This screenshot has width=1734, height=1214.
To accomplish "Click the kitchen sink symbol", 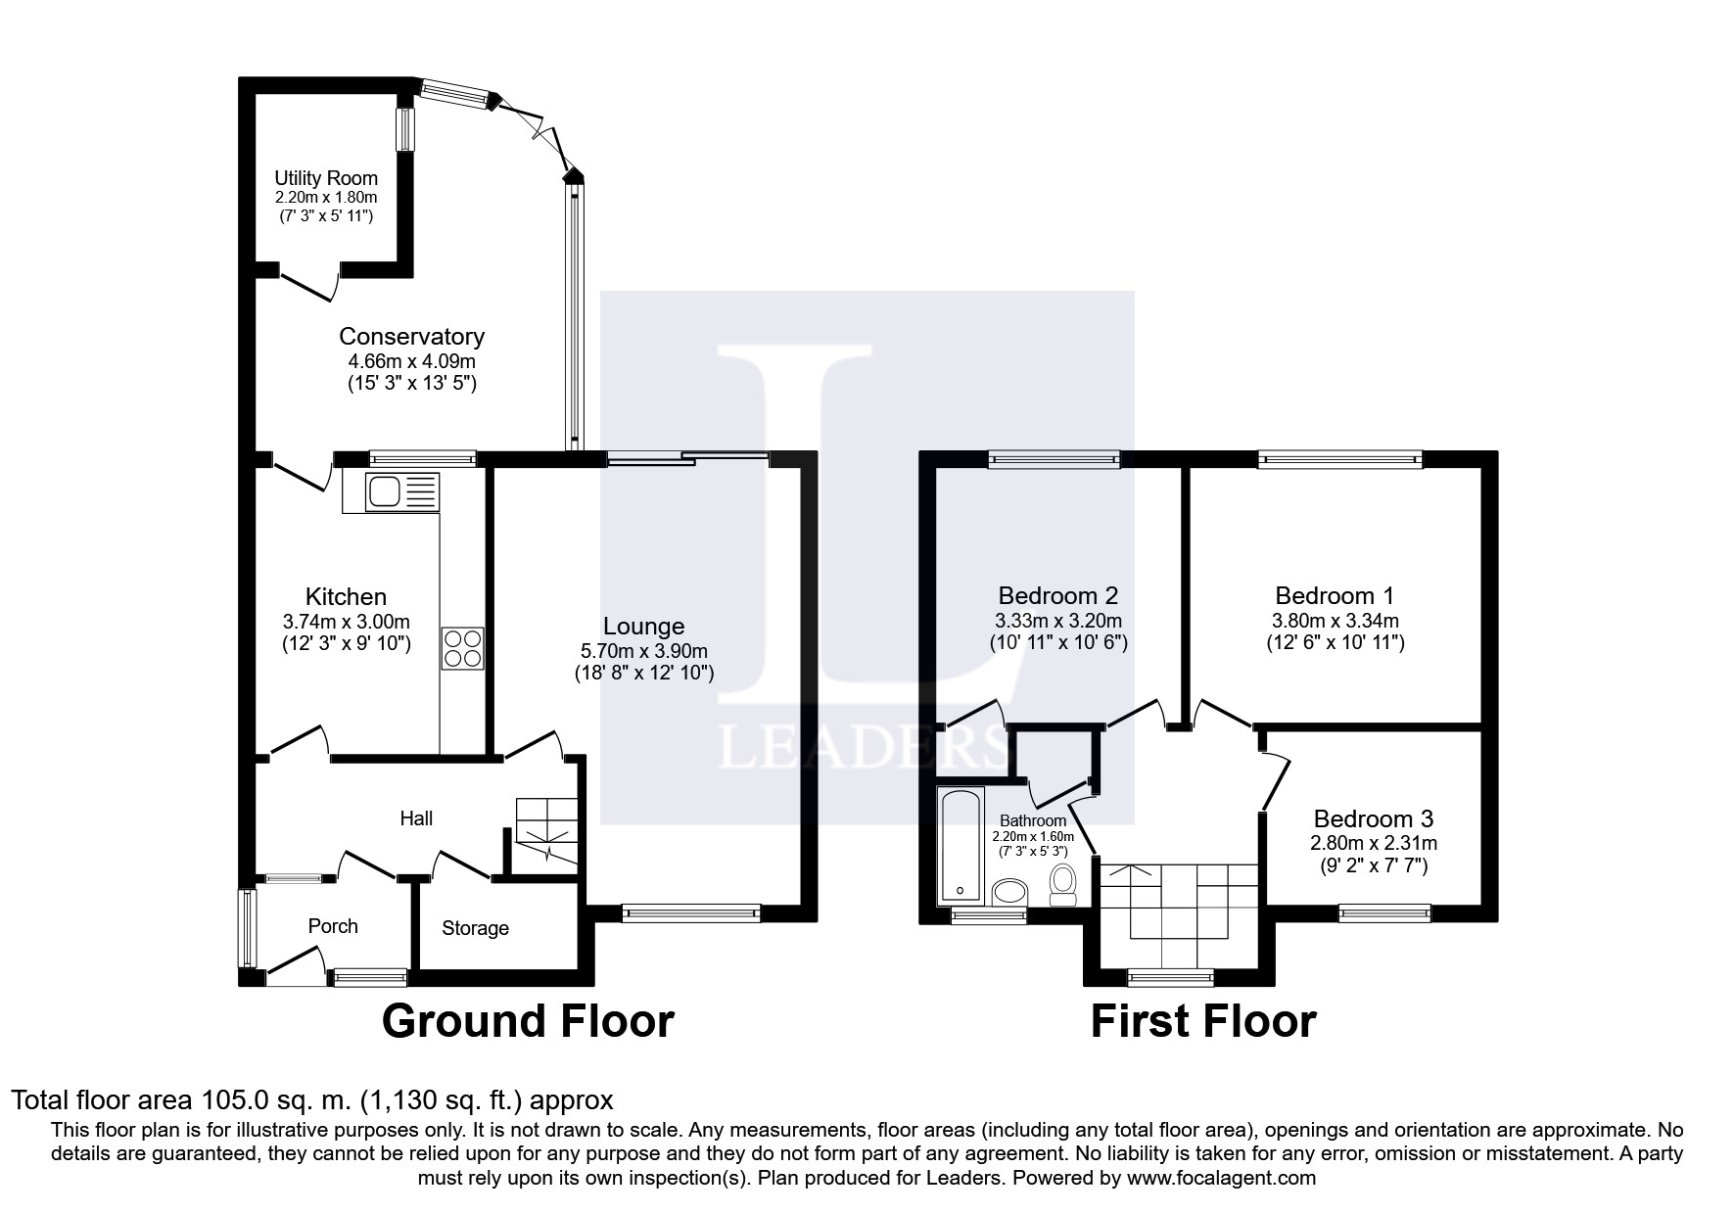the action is (x=402, y=491).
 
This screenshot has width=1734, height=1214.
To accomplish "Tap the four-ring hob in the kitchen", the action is (x=463, y=648).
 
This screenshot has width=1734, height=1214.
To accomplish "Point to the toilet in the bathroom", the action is (x=1061, y=884).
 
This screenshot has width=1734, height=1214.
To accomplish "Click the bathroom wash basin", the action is (x=1009, y=892).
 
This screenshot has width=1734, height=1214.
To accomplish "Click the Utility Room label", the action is (x=326, y=178).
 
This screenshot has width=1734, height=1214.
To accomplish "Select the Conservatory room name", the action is (x=411, y=337).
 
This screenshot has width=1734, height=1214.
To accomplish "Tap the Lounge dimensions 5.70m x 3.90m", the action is (x=643, y=651).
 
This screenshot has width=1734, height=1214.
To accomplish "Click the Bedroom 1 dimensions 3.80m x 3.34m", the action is (x=1336, y=621).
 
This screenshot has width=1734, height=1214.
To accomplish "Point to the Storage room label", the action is (x=475, y=928).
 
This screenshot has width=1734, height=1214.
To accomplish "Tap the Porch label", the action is (x=333, y=926).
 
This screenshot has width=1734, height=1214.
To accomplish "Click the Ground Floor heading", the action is (x=528, y=1021).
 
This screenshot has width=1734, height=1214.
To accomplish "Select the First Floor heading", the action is (x=1203, y=1021).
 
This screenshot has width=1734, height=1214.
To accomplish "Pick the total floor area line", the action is (x=312, y=1100).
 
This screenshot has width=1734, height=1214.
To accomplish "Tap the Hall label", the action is (x=416, y=818).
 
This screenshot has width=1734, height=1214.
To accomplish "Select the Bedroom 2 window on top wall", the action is (x=1054, y=458).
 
